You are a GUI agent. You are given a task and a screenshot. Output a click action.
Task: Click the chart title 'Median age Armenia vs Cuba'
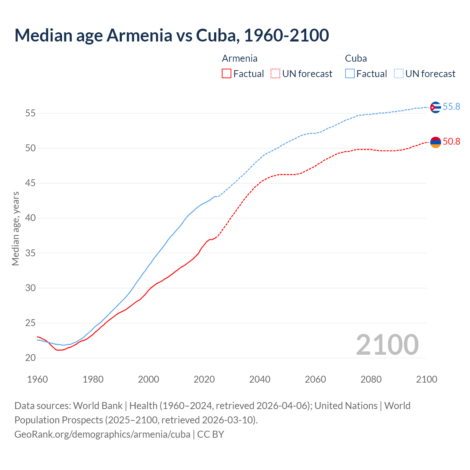pyautogui.click(x=171, y=35)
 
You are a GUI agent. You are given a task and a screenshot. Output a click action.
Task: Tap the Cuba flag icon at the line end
pyautogui.click(x=435, y=107)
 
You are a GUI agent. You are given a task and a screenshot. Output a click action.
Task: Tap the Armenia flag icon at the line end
pyautogui.click(x=435, y=142)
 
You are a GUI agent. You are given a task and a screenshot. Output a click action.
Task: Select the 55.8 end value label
pyautogui.click(x=451, y=107)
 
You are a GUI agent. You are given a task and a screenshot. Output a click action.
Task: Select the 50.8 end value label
pyautogui.click(x=451, y=142)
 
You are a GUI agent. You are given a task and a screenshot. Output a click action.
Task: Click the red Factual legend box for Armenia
pyautogui.click(x=227, y=74)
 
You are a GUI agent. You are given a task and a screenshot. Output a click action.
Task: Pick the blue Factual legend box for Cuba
pyautogui.click(x=350, y=74)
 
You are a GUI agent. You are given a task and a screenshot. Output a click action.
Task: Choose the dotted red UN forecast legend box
pyautogui.click(x=275, y=74)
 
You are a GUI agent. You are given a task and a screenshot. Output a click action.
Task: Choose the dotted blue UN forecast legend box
pyautogui.click(x=399, y=74)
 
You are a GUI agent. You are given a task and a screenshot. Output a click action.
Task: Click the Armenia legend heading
pyautogui.click(x=239, y=58)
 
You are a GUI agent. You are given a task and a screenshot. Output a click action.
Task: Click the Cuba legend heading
pyautogui.click(x=356, y=58)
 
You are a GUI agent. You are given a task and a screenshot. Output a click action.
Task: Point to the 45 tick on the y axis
pyautogui.click(x=30, y=183)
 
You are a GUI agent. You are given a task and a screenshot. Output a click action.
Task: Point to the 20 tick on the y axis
pyautogui.click(x=30, y=358)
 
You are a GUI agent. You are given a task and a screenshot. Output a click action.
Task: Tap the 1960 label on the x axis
pyautogui.click(x=37, y=379)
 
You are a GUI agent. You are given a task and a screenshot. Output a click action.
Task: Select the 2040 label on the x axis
pyautogui.click(x=260, y=379)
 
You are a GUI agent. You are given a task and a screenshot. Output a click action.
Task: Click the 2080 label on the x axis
pyautogui.click(x=371, y=379)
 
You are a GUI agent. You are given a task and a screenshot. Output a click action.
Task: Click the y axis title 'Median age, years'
pyautogui.click(x=15, y=228)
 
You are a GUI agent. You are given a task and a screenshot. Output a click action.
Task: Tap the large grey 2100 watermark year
pyautogui.click(x=387, y=344)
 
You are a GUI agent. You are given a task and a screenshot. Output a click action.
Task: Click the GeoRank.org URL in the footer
pyautogui.click(x=102, y=434)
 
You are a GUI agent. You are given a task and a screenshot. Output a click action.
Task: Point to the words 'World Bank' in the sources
pyautogui.click(x=98, y=406)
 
